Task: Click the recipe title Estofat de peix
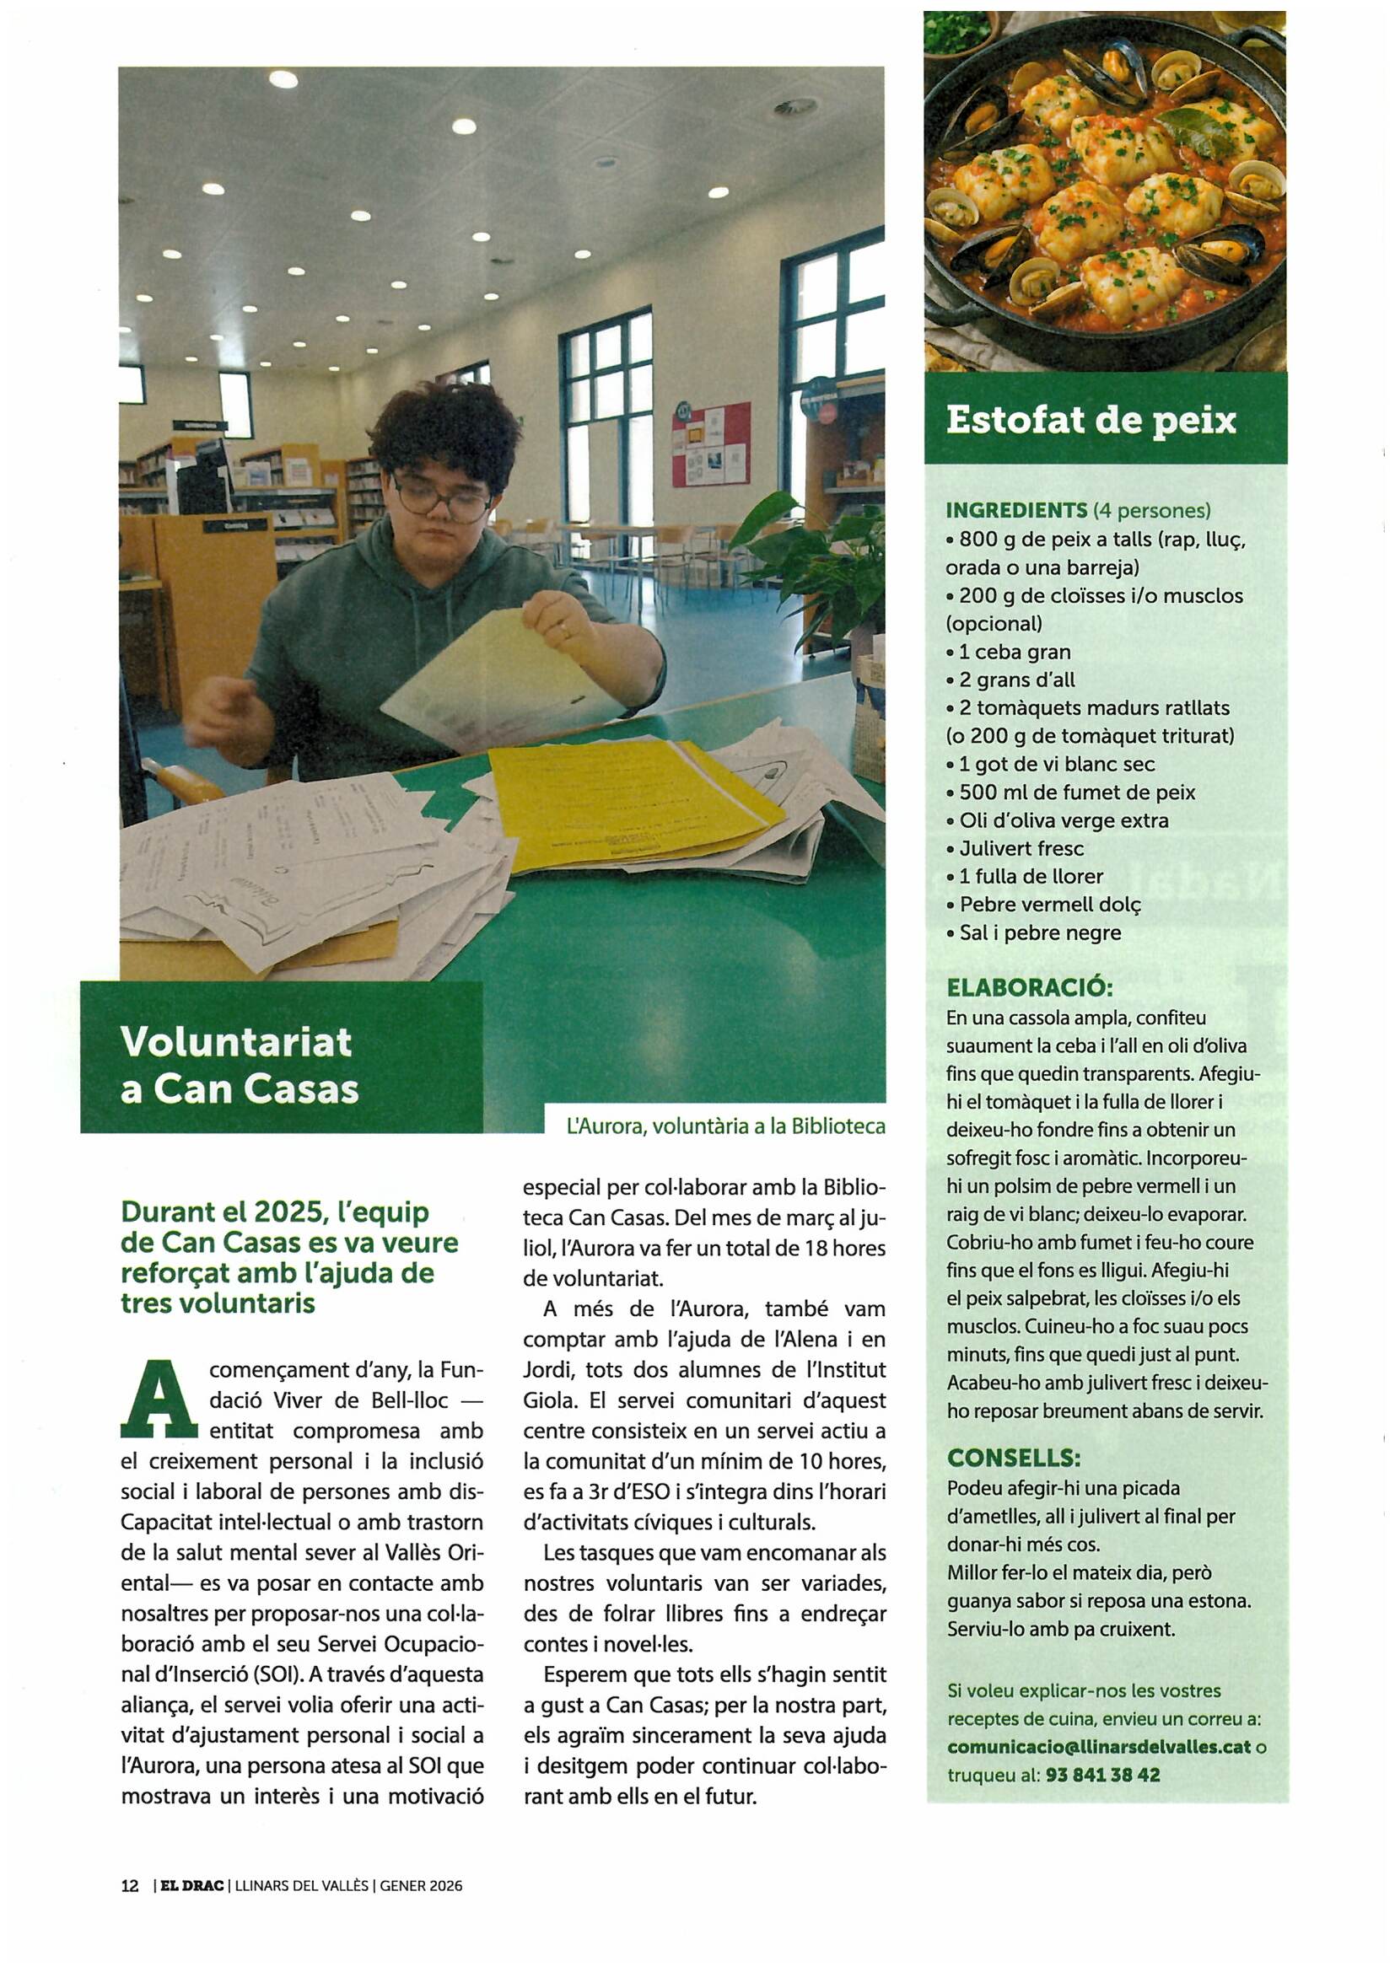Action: (1090, 421)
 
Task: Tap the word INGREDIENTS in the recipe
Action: (1016, 510)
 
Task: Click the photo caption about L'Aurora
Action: (725, 1126)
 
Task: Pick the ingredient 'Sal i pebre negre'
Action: (1039, 932)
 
